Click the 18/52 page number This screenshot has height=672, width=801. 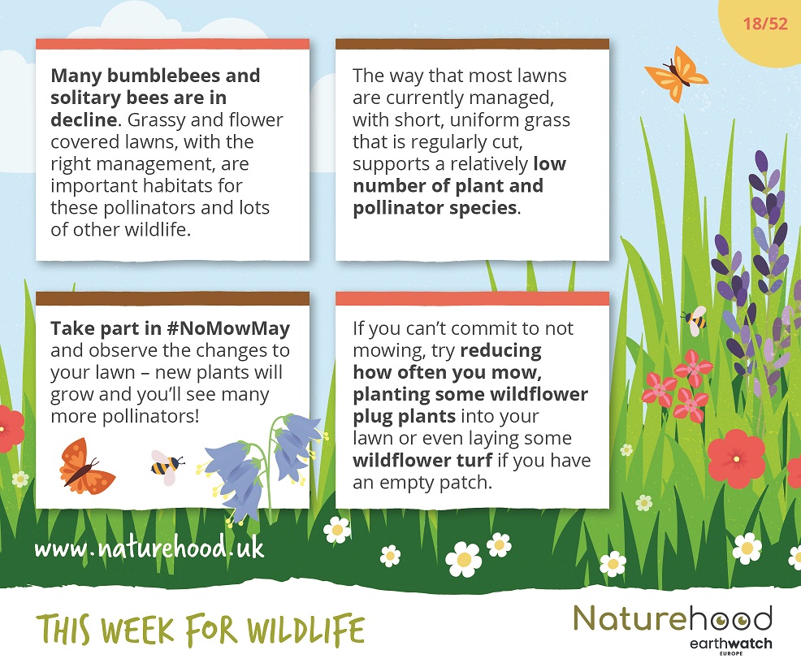(764, 24)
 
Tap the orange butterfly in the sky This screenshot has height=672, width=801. (676, 74)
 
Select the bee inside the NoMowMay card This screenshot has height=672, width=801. (167, 466)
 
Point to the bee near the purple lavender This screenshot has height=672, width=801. (695, 320)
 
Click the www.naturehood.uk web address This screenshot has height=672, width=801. (149, 548)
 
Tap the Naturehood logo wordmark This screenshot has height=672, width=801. (673, 618)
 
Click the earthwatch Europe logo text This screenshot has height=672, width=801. (730, 645)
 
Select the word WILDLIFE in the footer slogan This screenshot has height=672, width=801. (305, 630)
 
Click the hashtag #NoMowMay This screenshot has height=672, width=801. (228, 328)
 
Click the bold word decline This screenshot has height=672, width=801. (84, 119)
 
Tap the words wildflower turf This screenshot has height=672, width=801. (422, 460)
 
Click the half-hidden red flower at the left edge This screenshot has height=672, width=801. (11, 428)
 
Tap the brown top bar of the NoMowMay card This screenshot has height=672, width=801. (173, 298)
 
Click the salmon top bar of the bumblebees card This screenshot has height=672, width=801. (173, 45)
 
